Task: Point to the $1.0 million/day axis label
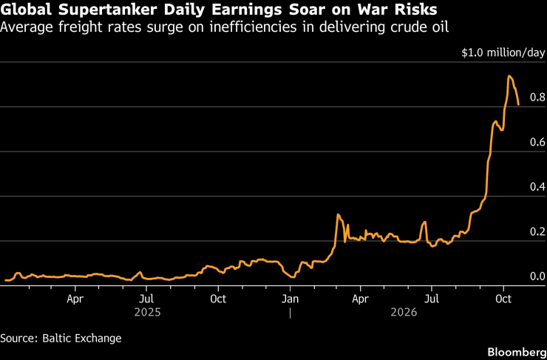[503, 52]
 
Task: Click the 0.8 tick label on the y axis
[537, 98]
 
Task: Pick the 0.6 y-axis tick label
[537, 142]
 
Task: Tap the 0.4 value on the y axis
[537, 186]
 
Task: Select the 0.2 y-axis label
[537, 231]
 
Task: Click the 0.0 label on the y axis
[537, 276]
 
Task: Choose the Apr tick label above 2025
[75, 299]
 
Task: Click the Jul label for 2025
[146, 299]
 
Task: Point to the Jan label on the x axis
[290, 299]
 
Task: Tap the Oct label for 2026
[503, 299]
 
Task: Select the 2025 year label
[148, 312]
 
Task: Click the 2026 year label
[404, 312]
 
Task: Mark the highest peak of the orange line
[509, 75]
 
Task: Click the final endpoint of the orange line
[518, 105]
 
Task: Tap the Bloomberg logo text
[517, 351]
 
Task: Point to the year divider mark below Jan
[290, 313]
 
